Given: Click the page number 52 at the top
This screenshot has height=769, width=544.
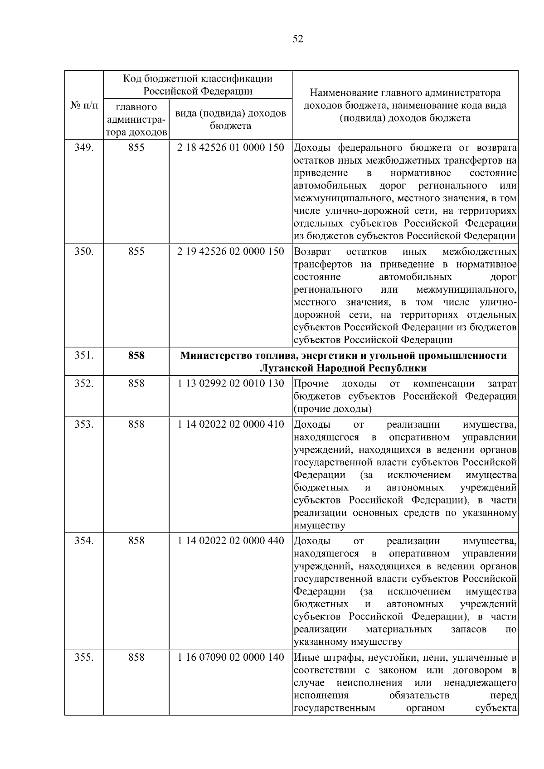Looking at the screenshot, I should (x=298, y=39).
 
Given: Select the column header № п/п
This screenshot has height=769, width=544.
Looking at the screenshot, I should (x=84, y=106).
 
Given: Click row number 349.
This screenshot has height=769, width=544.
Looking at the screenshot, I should (x=84, y=148).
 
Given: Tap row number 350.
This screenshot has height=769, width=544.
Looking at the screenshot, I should (x=84, y=251).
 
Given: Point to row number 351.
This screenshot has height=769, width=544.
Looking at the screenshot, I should (x=84, y=356).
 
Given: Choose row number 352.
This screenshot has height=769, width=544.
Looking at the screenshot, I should (x=84, y=384).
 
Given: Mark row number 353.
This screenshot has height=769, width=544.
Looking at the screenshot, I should (x=84, y=425).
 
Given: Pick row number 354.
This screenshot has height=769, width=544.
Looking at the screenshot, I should (x=84, y=541).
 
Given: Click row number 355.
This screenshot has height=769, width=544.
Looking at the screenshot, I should (x=84, y=658).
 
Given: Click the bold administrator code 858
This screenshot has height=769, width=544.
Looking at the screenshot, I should (x=136, y=356).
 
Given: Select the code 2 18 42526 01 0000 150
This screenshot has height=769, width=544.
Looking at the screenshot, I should (x=231, y=148).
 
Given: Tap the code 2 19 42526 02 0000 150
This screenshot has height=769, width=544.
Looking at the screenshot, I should (x=231, y=251).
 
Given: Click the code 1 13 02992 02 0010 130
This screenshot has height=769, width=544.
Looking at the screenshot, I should (x=231, y=384).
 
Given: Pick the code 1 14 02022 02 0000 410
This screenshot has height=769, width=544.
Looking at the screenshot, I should (x=231, y=425).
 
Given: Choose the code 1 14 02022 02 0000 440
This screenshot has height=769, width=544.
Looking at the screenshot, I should (x=231, y=541).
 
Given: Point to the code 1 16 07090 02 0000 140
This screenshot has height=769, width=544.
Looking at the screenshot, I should (x=231, y=658).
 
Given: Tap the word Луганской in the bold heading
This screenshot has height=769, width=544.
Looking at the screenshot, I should (x=288, y=368).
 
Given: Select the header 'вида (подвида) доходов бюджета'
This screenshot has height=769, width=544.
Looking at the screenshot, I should (x=231, y=119).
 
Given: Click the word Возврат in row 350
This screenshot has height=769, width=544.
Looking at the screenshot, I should (x=312, y=251).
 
